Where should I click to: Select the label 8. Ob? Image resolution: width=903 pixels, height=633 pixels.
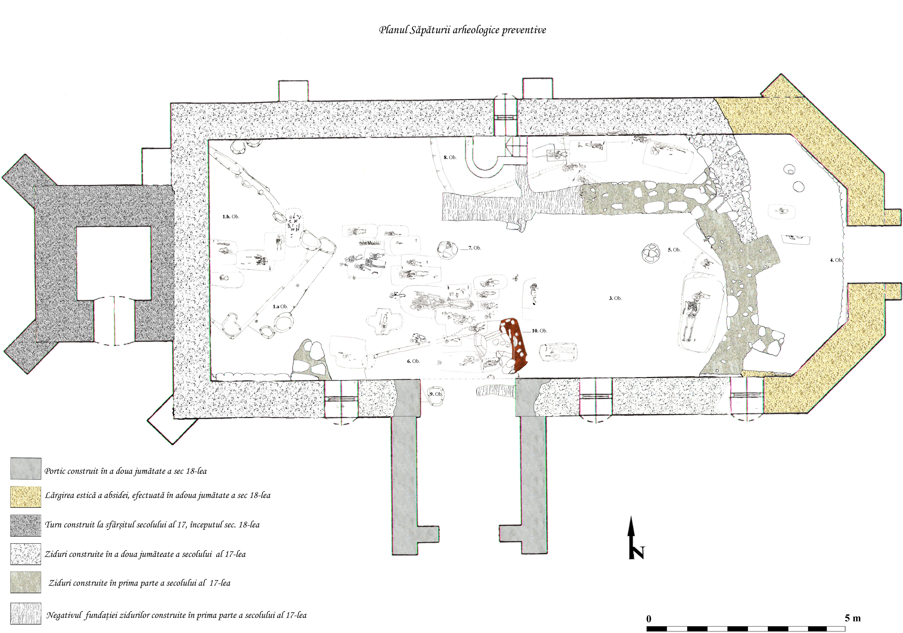point(450,157)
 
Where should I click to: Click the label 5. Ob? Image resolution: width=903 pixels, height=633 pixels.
point(674,250)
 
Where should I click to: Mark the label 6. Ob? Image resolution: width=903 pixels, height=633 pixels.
point(413,361)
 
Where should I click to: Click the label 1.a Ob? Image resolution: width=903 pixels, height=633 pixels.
point(280,307)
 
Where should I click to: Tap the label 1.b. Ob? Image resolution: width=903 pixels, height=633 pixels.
point(231,216)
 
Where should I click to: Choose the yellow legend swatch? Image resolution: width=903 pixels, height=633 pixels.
point(25,497)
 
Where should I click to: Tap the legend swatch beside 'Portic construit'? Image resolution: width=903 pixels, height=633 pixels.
point(25,469)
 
